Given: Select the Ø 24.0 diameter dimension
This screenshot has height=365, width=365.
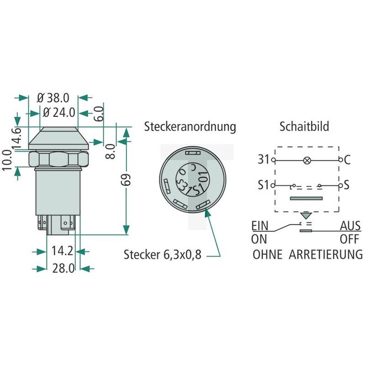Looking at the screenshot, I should (x=59, y=112).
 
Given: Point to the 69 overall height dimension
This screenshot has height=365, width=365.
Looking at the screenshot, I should (x=126, y=180).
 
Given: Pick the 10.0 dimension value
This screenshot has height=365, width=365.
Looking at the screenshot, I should (x=7, y=161).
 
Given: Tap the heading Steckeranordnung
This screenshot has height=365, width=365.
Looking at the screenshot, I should (x=190, y=126).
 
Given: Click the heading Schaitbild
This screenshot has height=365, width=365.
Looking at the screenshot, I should (x=304, y=126).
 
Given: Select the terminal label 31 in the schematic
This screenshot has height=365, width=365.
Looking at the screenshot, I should (x=264, y=159).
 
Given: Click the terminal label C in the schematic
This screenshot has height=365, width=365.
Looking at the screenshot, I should (x=347, y=159).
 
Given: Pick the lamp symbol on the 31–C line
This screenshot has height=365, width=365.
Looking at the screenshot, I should (x=307, y=160).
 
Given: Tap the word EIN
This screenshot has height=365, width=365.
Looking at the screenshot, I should (x=259, y=226).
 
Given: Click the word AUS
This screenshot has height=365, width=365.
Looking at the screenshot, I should (x=350, y=226).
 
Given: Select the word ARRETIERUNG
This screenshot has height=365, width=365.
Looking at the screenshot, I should (x=326, y=254).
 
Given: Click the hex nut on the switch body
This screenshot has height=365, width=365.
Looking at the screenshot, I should (x=59, y=159).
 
